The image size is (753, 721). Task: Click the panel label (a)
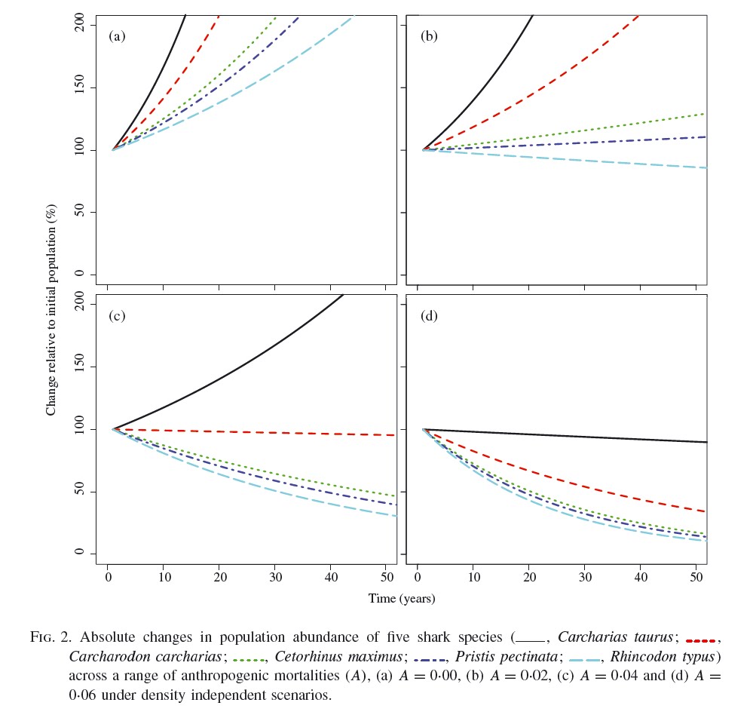117,35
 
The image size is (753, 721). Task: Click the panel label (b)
429,35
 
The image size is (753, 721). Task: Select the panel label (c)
117,315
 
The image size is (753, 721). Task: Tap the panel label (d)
429,315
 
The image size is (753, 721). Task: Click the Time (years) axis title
402,599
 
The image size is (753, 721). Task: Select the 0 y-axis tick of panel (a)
85,274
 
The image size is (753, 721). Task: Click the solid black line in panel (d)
565,436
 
